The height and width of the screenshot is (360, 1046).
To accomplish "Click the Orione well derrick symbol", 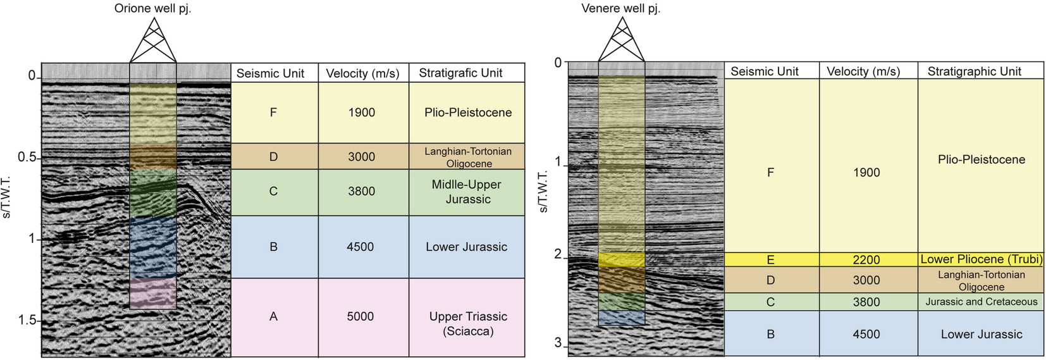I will pyautogui.click(x=152, y=40).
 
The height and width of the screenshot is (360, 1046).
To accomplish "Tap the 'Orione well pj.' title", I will pyautogui.click(x=152, y=9).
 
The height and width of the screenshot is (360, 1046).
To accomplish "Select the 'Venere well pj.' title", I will pyautogui.click(x=620, y=9).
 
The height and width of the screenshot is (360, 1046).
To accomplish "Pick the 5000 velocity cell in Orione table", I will pyautogui.click(x=360, y=316).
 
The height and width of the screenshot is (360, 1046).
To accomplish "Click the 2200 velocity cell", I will pyautogui.click(x=866, y=259).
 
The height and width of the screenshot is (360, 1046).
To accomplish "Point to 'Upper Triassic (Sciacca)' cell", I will pyautogui.click(x=468, y=323).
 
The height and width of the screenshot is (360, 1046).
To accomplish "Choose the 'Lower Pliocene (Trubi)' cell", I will pyautogui.click(x=981, y=259).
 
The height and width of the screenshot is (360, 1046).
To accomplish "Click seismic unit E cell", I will pyautogui.click(x=770, y=259).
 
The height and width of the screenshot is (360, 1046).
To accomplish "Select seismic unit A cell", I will pyautogui.click(x=273, y=316).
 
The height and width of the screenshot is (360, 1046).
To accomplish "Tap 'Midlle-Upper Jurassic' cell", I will pyautogui.click(x=467, y=192).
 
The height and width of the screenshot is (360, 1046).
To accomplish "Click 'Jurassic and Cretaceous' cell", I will pyautogui.click(x=981, y=302).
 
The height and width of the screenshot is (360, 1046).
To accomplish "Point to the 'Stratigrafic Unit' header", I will pyautogui.click(x=460, y=73).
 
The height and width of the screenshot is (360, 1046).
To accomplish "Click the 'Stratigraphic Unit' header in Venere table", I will pyautogui.click(x=974, y=71).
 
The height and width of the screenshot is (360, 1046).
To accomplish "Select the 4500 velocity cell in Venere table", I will pyautogui.click(x=866, y=334).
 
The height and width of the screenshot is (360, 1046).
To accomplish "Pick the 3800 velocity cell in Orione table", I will pyautogui.click(x=361, y=191).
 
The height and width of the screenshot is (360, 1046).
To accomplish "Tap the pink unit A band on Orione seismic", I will pyautogui.click(x=153, y=292).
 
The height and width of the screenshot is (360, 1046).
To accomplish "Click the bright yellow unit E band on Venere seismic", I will pyautogui.click(x=621, y=259).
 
